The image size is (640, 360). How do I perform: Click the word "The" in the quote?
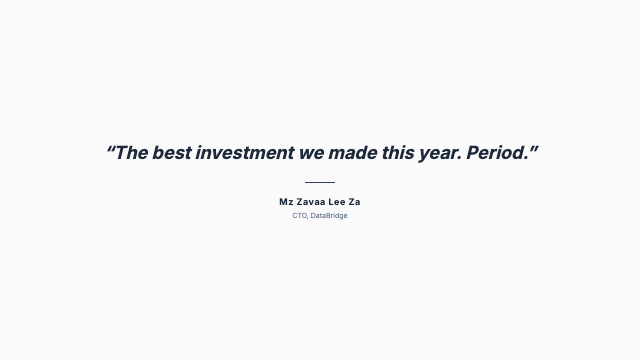click(x=133, y=153)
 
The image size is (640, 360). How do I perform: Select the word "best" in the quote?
click(x=173, y=153)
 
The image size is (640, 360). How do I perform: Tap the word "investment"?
click(x=245, y=153)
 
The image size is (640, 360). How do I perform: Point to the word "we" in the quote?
click(x=312, y=153)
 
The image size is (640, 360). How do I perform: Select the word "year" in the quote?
click(x=441, y=153)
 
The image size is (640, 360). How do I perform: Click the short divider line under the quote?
click(x=320, y=182)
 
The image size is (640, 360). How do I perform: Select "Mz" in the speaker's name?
click(x=286, y=202)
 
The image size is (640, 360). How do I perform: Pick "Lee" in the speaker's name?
click(x=337, y=202)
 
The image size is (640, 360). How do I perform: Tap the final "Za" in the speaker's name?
click(x=355, y=202)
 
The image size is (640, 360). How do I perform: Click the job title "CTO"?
click(x=299, y=216)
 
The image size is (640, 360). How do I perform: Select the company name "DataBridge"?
click(x=329, y=216)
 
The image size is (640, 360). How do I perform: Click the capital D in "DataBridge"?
click(x=313, y=216)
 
